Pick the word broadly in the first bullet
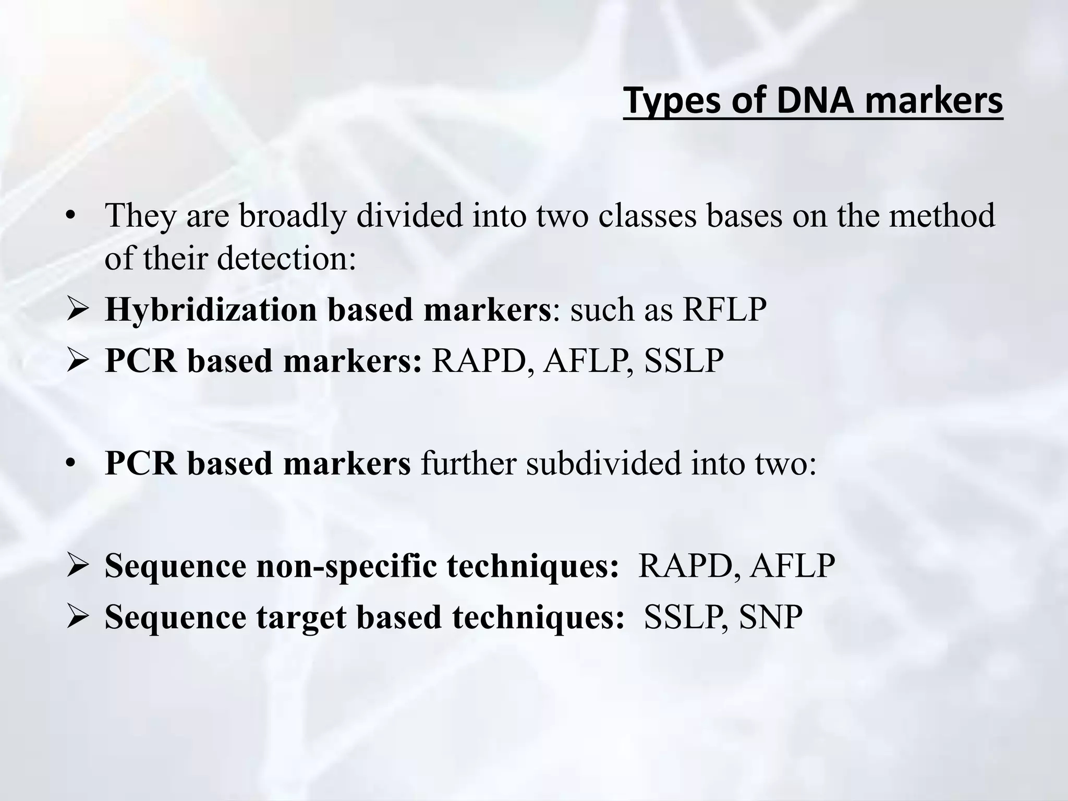(x=293, y=215)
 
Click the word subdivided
(x=603, y=463)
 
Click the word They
(x=140, y=215)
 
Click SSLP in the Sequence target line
(x=679, y=617)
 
